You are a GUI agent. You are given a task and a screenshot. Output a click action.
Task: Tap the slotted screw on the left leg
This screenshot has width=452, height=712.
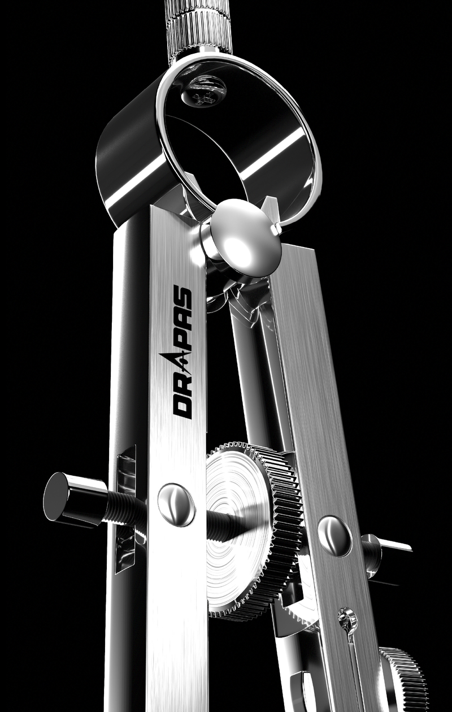click(x=176, y=505)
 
